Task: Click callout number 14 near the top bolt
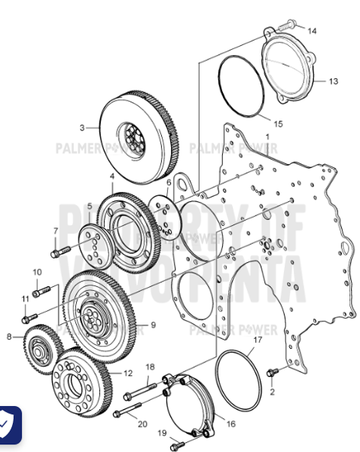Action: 312,31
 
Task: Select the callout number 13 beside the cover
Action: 333,80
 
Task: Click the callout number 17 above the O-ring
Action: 257,341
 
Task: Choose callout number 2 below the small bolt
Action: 272,392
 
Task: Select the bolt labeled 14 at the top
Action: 287,26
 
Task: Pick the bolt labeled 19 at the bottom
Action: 175,441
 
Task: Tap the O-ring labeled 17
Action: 236,377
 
